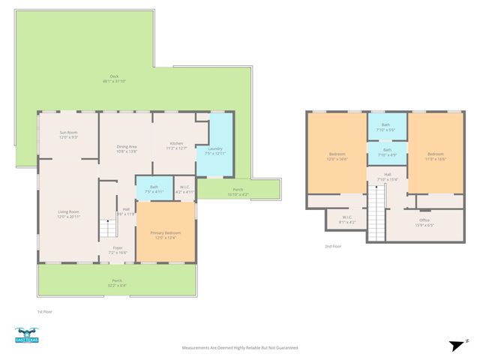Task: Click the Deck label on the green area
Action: [x=114, y=79]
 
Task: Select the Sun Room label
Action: [x=68, y=135]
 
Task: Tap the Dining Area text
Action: [x=126, y=148]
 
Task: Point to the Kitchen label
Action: [x=176, y=145]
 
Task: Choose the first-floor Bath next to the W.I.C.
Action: [x=154, y=189]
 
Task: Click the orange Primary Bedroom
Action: [x=166, y=235]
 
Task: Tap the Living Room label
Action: [x=68, y=214]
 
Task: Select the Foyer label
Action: [x=118, y=250]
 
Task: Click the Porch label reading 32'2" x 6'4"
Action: [x=117, y=283]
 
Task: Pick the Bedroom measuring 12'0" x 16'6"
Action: [x=337, y=156]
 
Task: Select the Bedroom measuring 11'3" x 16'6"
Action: [x=436, y=156]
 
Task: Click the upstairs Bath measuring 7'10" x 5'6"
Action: [x=386, y=127]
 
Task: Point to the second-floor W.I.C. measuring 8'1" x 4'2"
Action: [x=346, y=219]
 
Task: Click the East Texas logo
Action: [x=27, y=335]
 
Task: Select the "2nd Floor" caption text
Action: [x=332, y=246]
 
